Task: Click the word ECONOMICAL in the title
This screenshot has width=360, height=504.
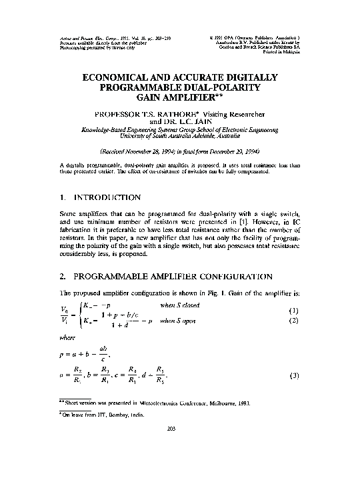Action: [123, 78]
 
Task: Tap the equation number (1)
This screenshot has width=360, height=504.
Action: [293, 310]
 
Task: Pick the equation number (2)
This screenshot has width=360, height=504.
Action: [293, 321]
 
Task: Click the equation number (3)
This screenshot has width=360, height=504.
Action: [293, 377]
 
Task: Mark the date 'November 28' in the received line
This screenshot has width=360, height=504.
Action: [149, 152]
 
